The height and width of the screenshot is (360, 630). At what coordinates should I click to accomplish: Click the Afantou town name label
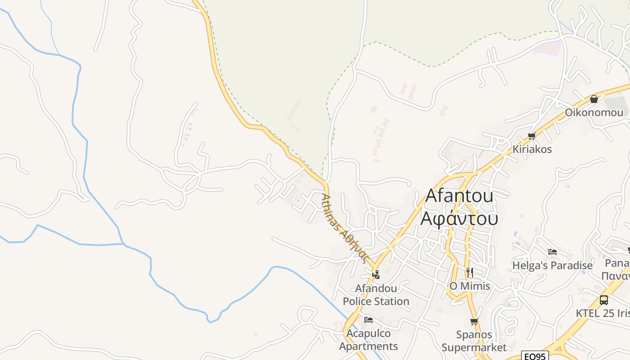pos(459,196)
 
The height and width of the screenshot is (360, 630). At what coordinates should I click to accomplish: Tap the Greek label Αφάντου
pos(459,218)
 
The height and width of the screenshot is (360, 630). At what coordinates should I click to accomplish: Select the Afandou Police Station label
pos(376,295)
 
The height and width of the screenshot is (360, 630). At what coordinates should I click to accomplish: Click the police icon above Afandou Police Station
pos(376,274)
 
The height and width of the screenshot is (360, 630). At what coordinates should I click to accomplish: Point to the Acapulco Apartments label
pos(368,340)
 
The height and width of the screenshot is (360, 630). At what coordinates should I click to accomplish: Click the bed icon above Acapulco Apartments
pos(369,320)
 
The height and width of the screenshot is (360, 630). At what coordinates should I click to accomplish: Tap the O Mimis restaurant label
pos(470,286)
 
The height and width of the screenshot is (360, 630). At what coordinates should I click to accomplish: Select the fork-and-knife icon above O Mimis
pos(470,272)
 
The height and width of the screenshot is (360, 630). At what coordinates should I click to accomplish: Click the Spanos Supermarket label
pos(474,341)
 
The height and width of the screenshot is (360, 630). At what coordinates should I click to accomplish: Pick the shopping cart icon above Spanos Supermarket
pos(474,321)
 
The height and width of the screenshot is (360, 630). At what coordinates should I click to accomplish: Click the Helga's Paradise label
pos(552,265)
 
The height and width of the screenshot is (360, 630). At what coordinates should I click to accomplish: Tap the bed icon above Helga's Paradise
pos(553,252)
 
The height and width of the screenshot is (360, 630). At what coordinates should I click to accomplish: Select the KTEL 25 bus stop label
pos(603,313)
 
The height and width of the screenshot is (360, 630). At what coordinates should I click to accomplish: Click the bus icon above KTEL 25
pos(604,300)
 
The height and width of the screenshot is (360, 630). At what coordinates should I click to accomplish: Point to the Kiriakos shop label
pos(532,149)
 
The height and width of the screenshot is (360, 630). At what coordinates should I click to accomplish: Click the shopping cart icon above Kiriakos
pos(531,136)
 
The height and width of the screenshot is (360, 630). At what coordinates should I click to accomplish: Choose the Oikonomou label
pos(594,112)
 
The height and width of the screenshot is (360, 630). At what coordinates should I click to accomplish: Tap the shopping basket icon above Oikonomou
pos(594,99)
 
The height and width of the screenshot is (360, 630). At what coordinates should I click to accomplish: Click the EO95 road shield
pos(535,356)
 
